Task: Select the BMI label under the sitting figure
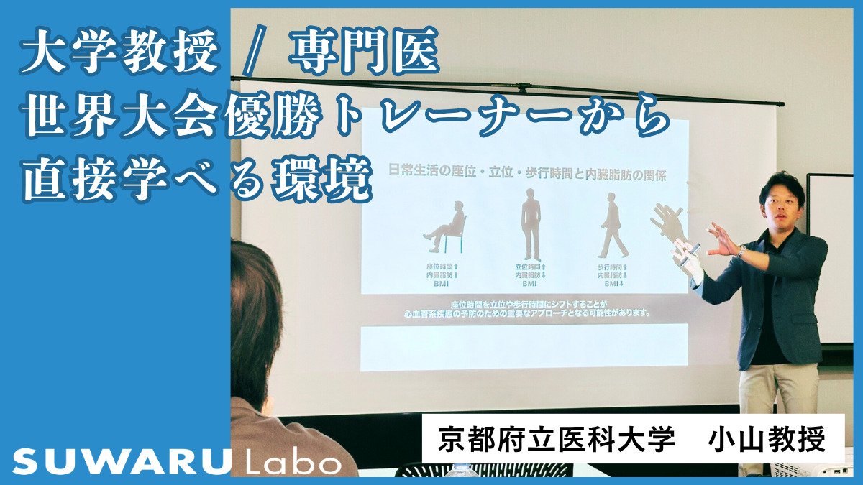[x=441, y=284]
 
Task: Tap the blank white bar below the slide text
[x=524, y=348]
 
